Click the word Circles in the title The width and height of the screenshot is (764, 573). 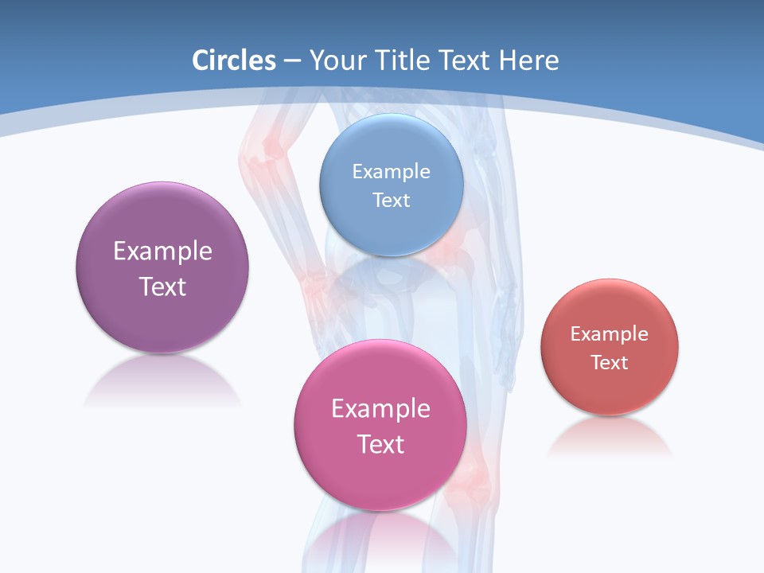(x=233, y=60)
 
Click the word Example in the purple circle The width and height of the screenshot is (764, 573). (x=162, y=251)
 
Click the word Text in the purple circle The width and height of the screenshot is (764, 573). (x=162, y=286)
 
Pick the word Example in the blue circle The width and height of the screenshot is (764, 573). (x=391, y=172)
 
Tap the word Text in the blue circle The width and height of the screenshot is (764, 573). (x=391, y=201)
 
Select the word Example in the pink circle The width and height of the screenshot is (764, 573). (x=380, y=409)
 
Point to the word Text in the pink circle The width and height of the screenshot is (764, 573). (x=380, y=444)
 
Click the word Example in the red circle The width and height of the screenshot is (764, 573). (x=610, y=334)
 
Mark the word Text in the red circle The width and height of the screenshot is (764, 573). (x=610, y=363)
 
